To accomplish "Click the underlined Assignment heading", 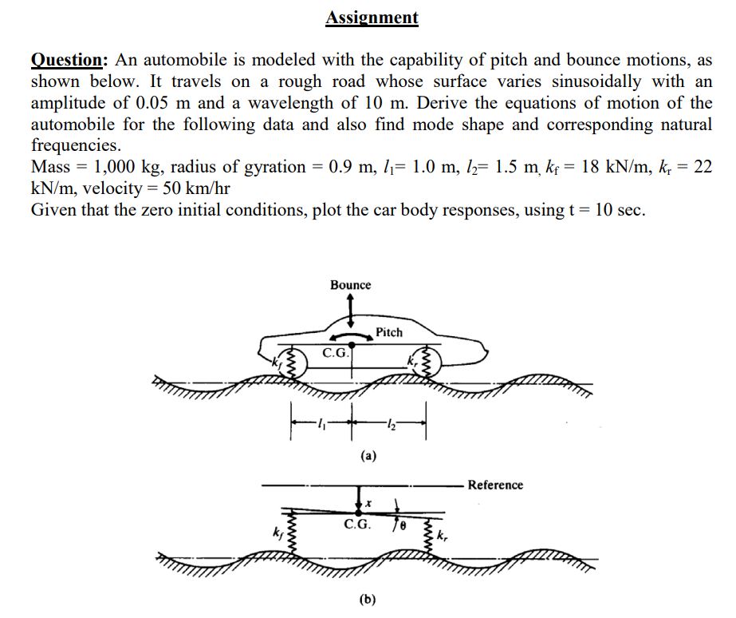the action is point(372,18).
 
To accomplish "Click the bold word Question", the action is point(67,60).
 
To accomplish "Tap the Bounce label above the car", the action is point(350,285).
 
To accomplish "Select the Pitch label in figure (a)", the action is point(389,332).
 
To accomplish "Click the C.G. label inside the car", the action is point(335,353).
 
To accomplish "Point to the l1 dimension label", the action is point(321,425).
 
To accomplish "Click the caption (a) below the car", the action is point(368,455).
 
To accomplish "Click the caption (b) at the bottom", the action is point(368,599).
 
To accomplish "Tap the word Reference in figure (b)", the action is point(495,485).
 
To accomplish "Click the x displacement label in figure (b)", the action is point(368,503).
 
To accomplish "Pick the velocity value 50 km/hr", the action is point(196,188).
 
